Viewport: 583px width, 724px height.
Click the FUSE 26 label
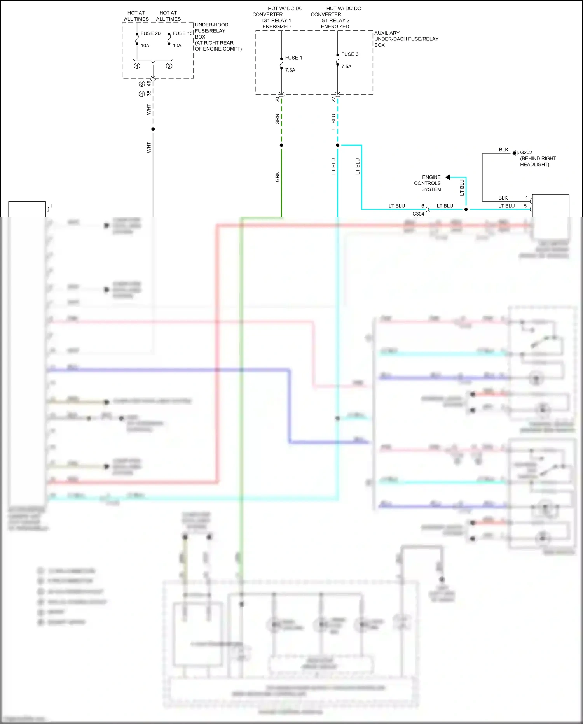pos(150,33)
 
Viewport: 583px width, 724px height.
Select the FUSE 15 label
pos(183,33)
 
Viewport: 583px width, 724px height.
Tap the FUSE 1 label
pos(293,58)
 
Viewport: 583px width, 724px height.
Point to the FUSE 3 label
pos(350,54)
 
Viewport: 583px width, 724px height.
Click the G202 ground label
pos(526,153)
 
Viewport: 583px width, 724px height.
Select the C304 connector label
pos(418,214)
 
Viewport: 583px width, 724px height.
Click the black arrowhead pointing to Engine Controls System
pos(448,177)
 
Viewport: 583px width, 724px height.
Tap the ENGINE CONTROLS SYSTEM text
pos(428,183)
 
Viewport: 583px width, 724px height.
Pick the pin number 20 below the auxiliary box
pos(278,100)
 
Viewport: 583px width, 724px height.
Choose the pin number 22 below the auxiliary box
pos(333,100)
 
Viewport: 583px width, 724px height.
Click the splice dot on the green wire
pos(281,145)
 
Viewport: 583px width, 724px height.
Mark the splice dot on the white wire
pos(153,129)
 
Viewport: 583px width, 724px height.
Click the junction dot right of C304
pos(466,209)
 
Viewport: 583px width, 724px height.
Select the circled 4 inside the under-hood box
pos(137,66)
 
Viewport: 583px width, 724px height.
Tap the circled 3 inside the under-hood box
pos(169,66)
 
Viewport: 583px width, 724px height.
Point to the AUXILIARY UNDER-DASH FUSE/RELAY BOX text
pos(406,39)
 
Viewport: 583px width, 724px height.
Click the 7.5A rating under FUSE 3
pos(346,67)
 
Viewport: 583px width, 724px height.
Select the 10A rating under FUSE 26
pos(145,46)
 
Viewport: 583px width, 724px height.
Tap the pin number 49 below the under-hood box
pos(149,83)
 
